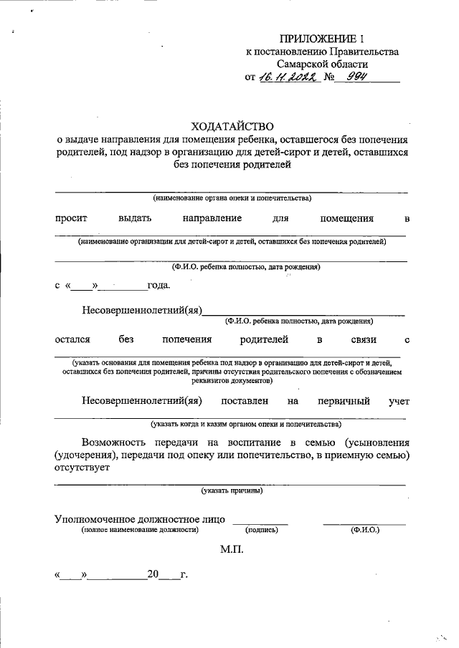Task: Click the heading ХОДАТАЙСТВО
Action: (x=232, y=125)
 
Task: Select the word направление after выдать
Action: (x=212, y=218)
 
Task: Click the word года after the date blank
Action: (x=158, y=286)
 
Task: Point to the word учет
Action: (x=399, y=402)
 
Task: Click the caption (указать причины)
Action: (x=232, y=491)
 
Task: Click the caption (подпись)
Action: (x=261, y=530)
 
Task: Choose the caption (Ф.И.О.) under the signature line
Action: (x=364, y=530)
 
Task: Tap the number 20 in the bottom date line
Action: (x=152, y=574)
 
